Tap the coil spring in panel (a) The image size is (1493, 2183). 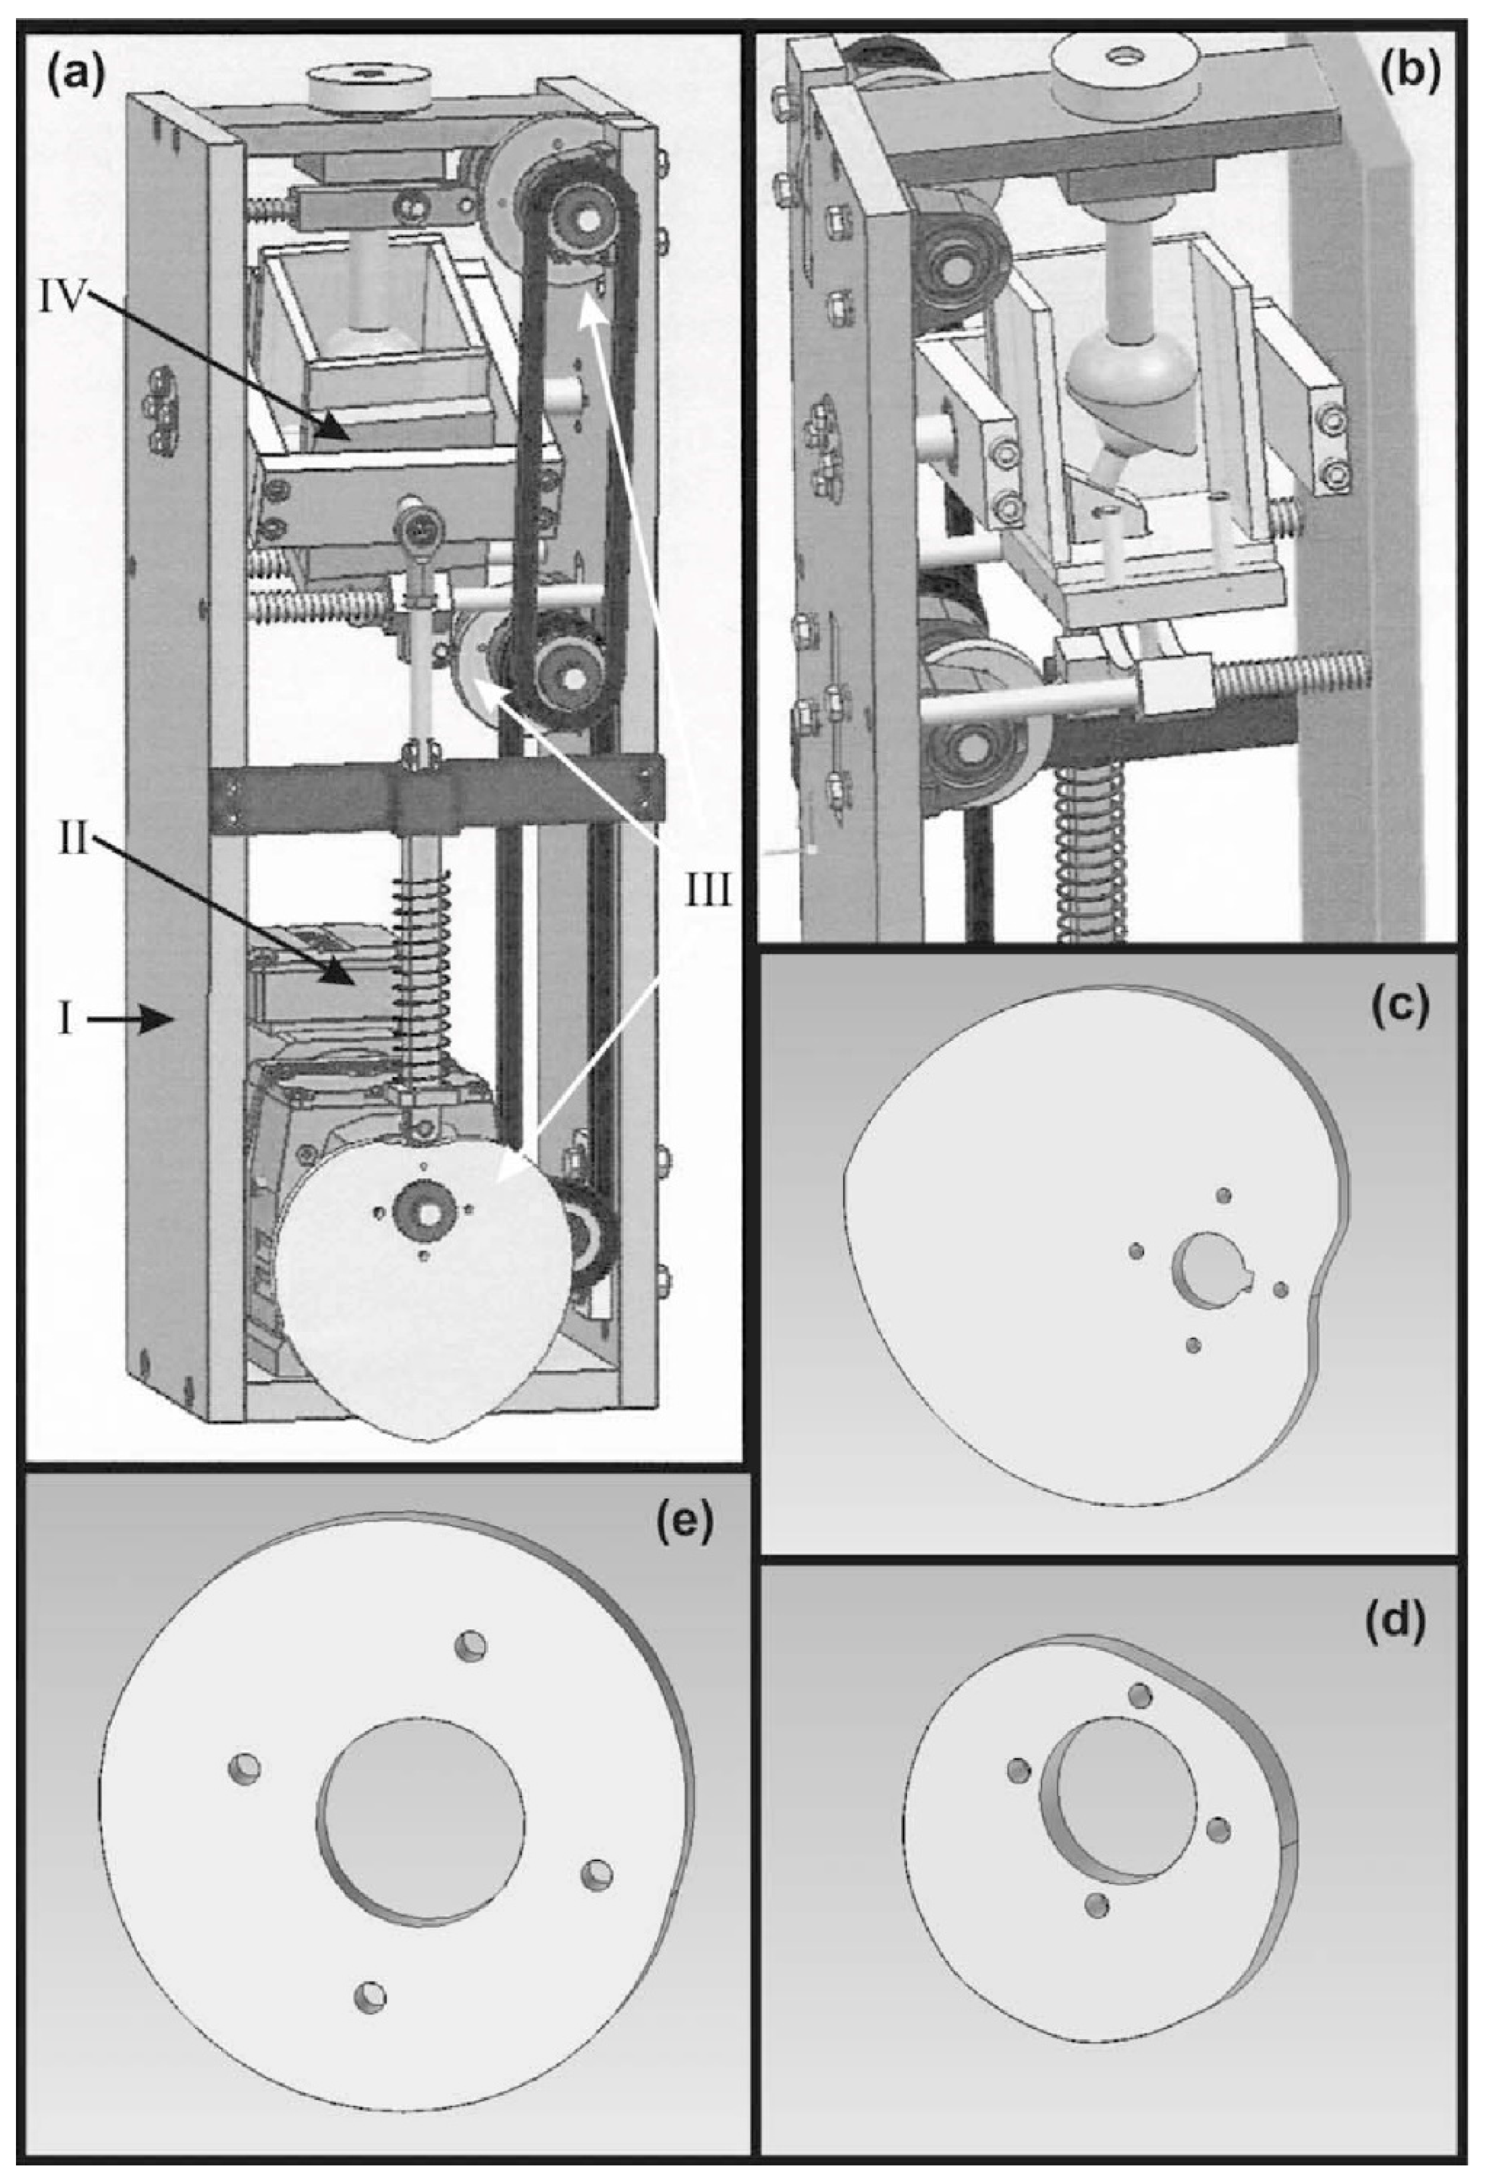(423, 977)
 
